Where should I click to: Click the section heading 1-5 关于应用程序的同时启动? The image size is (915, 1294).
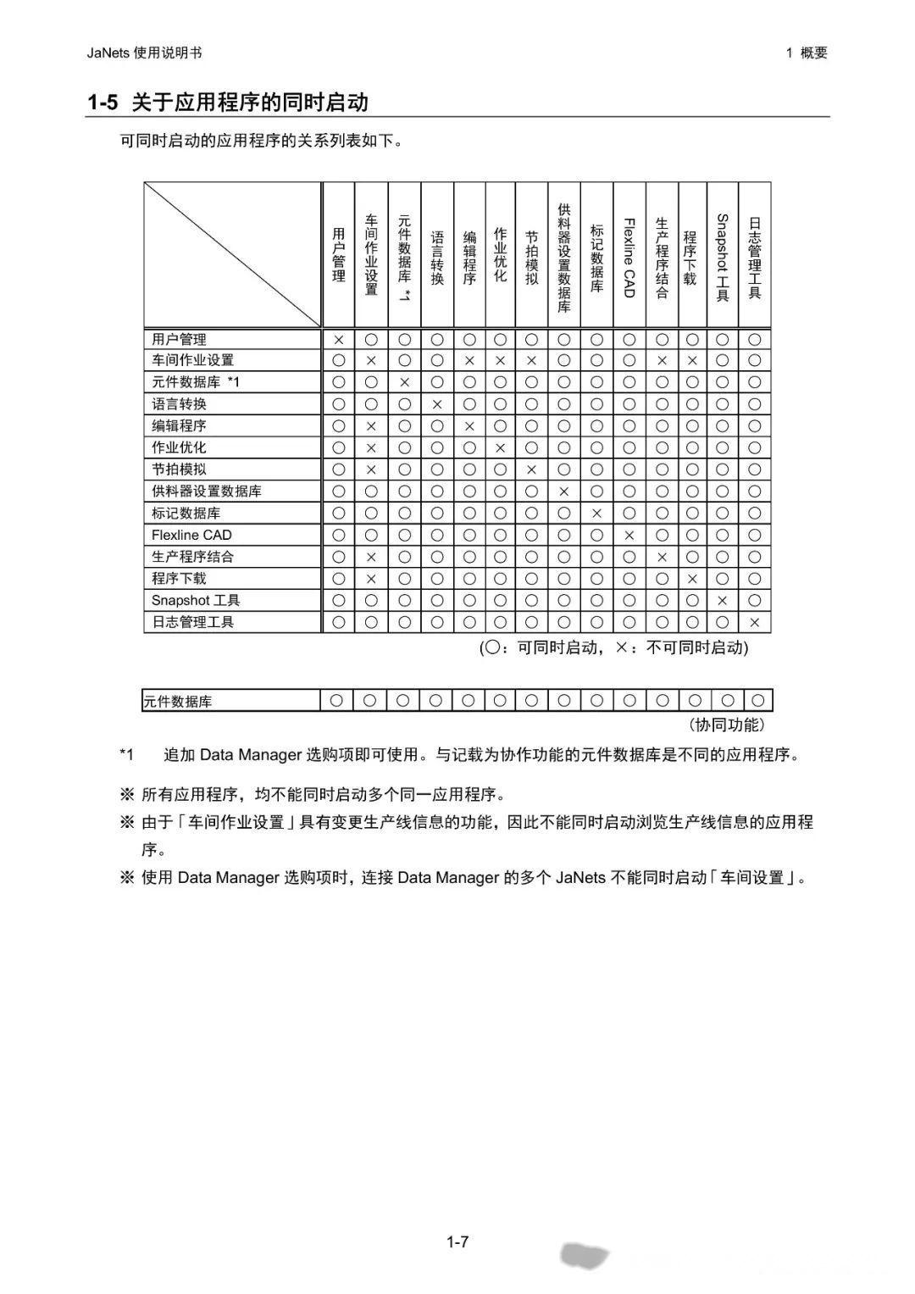point(228,103)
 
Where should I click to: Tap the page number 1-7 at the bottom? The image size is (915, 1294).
point(457,1242)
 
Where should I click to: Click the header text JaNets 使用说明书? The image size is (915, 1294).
point(144,53)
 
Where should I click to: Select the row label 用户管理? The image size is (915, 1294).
point(179,339)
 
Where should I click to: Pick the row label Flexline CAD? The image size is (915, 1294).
point(191,535)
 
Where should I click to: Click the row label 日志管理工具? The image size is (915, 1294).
point(192,622)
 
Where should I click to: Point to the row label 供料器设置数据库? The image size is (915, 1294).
point(207,491)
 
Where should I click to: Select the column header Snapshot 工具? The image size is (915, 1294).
point(723,257)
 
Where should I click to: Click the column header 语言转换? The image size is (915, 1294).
point(437,257)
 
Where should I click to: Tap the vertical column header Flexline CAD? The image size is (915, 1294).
point(629,257)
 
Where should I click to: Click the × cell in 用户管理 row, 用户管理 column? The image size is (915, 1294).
point(339,339)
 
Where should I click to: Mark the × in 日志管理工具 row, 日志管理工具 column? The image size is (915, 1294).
point(755,622)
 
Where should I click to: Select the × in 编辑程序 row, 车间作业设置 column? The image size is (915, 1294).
point(371,426)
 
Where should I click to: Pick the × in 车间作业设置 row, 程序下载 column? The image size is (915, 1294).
point(692,360)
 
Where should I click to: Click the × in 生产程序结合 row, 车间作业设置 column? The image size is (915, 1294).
point(371,557)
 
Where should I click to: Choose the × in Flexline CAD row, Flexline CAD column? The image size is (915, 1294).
point(629,535)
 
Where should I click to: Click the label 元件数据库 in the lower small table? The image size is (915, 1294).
point(177,702)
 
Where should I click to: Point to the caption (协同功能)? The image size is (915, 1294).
point(727,725)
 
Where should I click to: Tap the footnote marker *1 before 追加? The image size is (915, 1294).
point(126,754)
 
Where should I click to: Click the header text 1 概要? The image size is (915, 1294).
point(806,53)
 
